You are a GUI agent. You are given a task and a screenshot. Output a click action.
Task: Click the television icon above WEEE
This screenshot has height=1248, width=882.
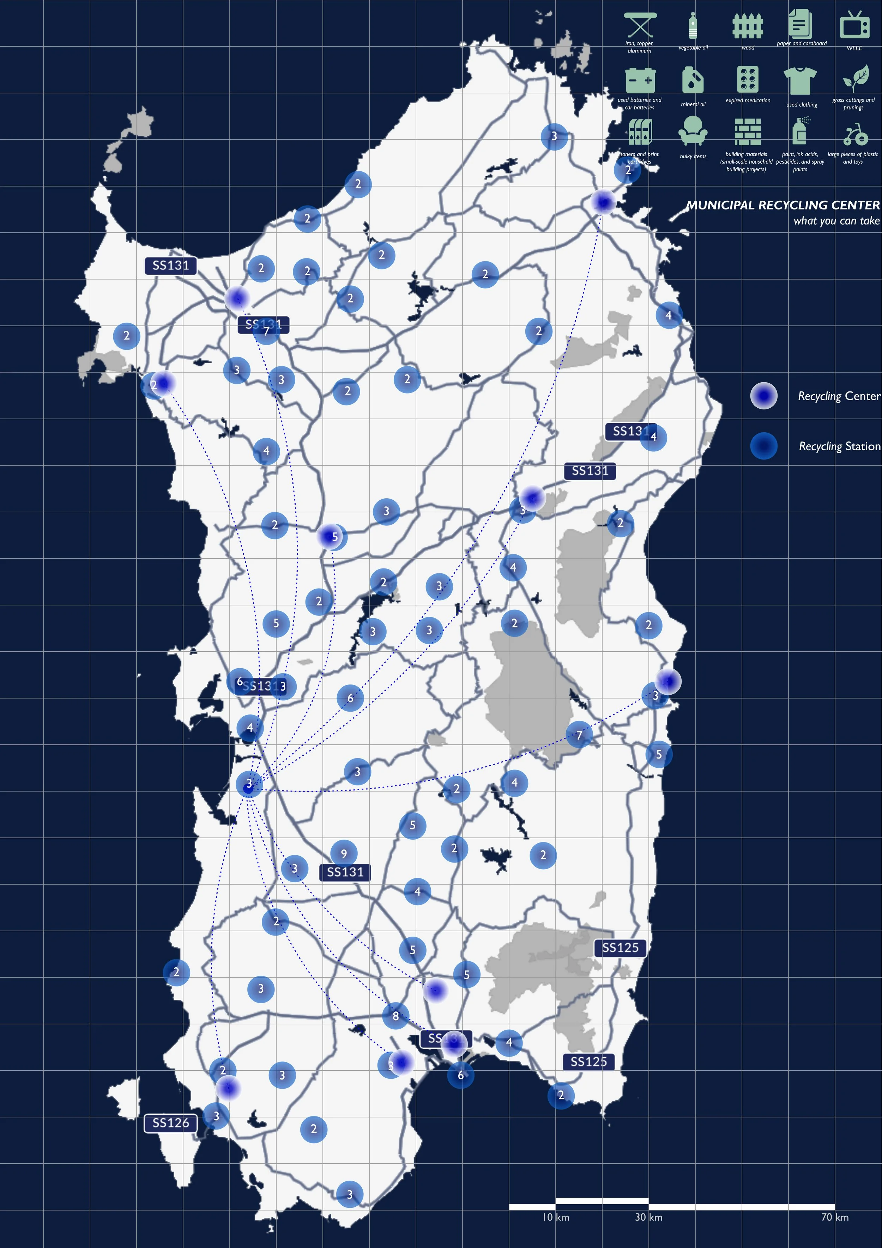pyautogui.click(x=854, y=25)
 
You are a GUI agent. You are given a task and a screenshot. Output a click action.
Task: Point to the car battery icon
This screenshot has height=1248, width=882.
pyautogui.click(x=640, y=80)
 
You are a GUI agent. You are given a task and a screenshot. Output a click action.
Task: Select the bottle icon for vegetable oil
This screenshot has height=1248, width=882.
pyautogui.click(x=693, y=25)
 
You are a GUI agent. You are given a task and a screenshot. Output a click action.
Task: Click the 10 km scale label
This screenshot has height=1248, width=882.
pyautogui.click(x=555, y=1217)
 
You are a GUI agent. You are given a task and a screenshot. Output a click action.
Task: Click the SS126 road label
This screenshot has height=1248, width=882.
pyautogui.click(x=171, y=1123)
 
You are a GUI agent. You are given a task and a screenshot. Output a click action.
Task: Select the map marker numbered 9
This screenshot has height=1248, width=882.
pyautogui.click(x=344, y=853)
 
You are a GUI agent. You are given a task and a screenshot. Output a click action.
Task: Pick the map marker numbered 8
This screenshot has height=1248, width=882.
pyautogui.click(x=395, y=1015)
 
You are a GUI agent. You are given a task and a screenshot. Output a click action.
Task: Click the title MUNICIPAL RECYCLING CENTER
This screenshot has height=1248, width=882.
pyautogui.click(x=783, y=205)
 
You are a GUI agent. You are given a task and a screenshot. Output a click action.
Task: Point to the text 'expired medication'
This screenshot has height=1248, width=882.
pyautogui.click(x=748, y=101)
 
